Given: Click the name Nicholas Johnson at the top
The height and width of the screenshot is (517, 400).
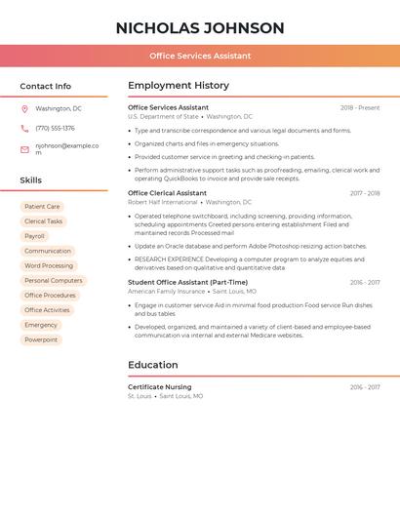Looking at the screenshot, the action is pos(200,28).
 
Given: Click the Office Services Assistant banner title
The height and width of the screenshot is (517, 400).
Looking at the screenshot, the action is pos(200,56).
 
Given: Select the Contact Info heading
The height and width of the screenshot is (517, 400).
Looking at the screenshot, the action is pos(45,86).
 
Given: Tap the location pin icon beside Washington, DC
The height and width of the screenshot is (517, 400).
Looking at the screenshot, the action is pos(24,109).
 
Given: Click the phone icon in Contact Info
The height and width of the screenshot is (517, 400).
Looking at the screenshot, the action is pos(24,129).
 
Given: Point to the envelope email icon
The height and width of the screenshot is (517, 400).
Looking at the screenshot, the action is pos(24,149).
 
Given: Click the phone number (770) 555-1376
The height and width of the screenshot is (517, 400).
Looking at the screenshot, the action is pos(55,129).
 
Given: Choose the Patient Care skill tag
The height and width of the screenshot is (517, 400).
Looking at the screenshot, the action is pos(42,207).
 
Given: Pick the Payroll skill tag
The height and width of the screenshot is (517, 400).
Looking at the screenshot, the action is pos(34,236).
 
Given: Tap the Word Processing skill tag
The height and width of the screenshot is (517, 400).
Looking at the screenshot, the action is pos(49,265).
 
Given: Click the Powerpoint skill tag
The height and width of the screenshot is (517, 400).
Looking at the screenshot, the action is pos(41,339).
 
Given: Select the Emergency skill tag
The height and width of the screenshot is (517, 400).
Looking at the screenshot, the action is pos(41,325).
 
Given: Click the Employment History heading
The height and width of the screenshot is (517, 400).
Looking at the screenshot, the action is pos(179,86).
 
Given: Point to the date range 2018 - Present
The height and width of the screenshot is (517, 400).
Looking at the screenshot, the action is pos(360,108).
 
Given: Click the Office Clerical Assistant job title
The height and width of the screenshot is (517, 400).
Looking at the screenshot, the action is pos(167,193).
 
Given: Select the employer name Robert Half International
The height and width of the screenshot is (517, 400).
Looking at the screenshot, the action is pos(162,202).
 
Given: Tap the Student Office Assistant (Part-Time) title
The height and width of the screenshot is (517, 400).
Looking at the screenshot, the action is pos(187,282).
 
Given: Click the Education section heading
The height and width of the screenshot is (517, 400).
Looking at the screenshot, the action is pos(153,365).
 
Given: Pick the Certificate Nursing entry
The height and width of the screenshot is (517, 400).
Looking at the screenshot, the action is pos(159,387).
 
